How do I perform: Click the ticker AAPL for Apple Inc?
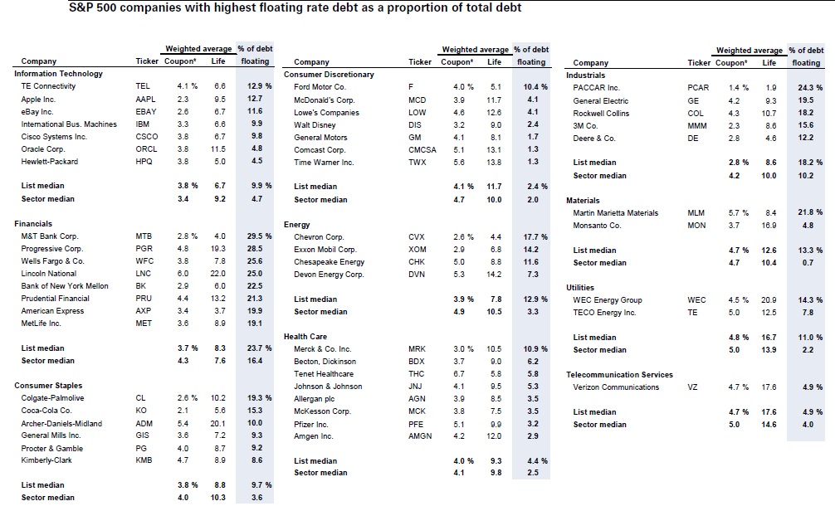(x=144, y=99)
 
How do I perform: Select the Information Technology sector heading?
(x=58, y=74)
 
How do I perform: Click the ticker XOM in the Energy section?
(x=417, y=249)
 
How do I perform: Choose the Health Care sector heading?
(x=306, y=337)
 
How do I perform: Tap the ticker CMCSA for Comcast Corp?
(x=422, y=149)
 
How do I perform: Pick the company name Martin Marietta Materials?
(x=616, y=212)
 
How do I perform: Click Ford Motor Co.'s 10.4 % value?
(x=530, y=87)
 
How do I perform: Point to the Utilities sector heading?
(x=580, y=288)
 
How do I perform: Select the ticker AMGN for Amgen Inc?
(x=420, y=435)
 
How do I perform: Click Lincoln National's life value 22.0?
(x=219, y=274)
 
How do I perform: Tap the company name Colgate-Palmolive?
(x=52, y=398)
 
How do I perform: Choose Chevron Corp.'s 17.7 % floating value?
(x=530, y=236)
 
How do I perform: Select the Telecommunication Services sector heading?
(x=619, y=374)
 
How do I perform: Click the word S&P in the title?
(x=83, y=8)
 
